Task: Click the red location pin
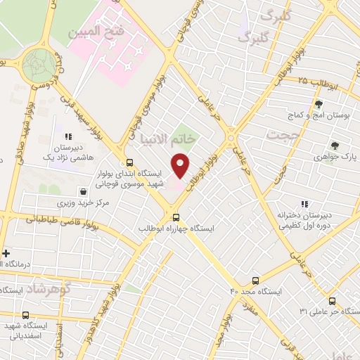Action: pyautogui.click(x=181, y=165)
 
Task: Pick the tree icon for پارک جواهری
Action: pyautogui.click(x=335, y=146)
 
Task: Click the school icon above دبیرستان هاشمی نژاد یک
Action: pyautogui.click(x=68, y=137)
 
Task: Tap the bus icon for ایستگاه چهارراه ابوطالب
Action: pyautogui.click(x=176, y=217)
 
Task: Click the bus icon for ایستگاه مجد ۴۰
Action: pyautogui.click(x=255, y=280)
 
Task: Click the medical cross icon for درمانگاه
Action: pyautogui.click(x=7, y=253)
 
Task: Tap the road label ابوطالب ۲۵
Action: pyautogui.click(x=310, y=82)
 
